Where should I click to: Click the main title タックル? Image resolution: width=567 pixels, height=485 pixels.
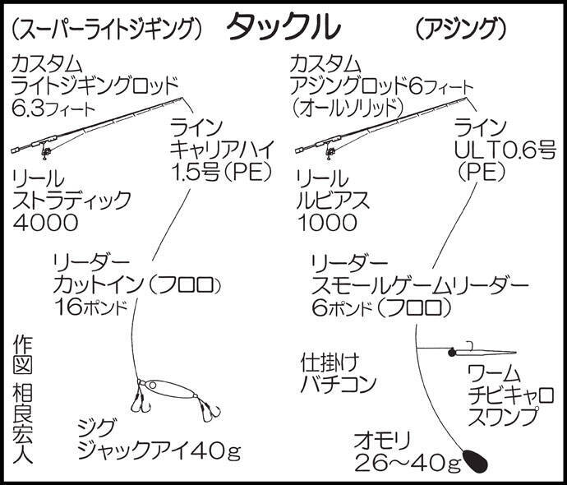point(283,27)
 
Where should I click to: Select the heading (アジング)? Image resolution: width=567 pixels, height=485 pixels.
point(460,29)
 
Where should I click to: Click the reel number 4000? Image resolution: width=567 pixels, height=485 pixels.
point(45,223)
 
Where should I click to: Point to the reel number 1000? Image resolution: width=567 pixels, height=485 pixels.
point(327,223)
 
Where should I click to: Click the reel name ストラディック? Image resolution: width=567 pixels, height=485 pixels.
point(71,200)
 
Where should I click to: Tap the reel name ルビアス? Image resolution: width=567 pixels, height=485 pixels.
point(333,200)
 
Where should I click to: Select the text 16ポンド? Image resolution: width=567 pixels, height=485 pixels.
point(91,307)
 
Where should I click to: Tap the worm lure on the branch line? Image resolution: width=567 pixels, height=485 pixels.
point(482,352)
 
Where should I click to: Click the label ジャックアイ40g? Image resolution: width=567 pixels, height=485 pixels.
point(159,451)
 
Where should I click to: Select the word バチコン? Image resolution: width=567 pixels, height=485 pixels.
point(339,384)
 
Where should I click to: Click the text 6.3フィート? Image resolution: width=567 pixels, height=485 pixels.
point(53,108)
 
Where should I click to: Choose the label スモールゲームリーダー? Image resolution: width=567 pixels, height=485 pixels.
point(419,286)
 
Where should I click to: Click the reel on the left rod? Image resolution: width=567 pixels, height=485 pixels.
point(44,152)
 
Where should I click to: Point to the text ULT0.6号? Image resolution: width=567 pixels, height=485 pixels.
point(505,151)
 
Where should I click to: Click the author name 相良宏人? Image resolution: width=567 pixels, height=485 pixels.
point(23,424)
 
